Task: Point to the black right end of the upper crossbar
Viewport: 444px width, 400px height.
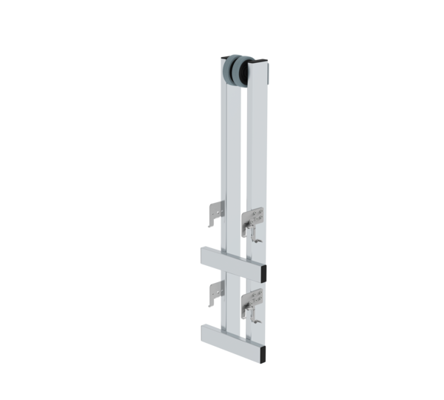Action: [x=264, y=270]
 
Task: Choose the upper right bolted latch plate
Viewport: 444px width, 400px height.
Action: [x=255, y=216]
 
